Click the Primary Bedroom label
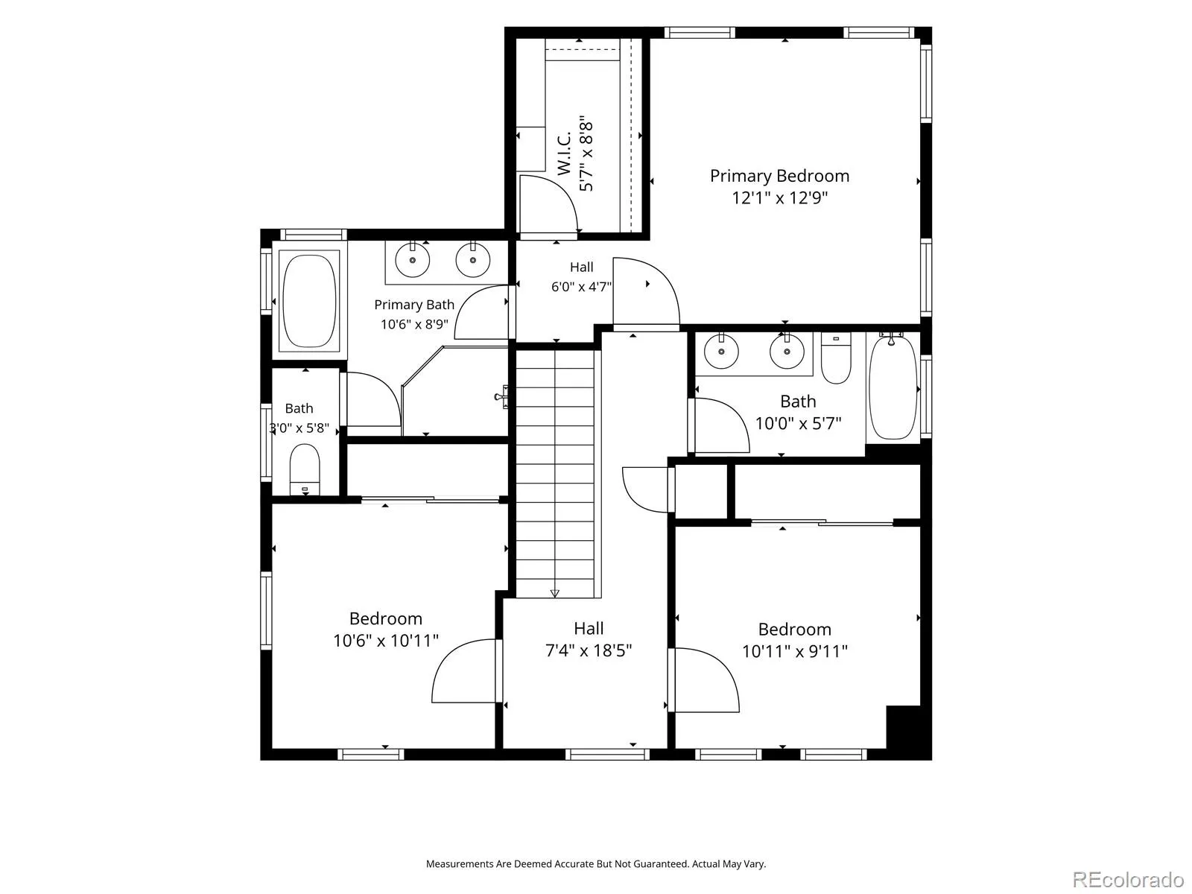(x=779, y=176)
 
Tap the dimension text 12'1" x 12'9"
(x=779, y=197)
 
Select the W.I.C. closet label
(x=565, y=153)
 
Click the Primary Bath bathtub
(x=309, y=301)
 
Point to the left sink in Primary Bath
(x=413, y=260)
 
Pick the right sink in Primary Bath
(x=473, y=260)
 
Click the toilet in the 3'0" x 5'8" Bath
(x=305, y=469)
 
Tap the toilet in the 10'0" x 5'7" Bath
(x=836, y=358)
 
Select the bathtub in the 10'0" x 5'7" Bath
(x=893, y=387)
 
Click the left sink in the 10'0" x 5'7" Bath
(x=721, y=352)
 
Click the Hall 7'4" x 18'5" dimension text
(x=589, y=650)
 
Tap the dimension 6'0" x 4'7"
(x=582, y=287)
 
